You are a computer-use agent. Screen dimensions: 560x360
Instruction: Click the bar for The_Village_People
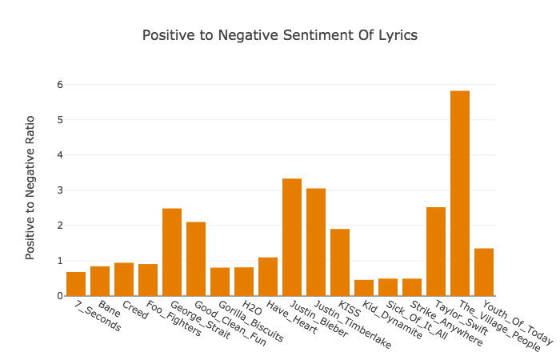coord(460,194)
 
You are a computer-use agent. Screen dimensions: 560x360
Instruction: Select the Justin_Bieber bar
coord(292,237)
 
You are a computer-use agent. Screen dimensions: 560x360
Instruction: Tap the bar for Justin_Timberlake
coord(316,242)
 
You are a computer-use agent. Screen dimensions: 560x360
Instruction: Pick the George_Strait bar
coord(172,252)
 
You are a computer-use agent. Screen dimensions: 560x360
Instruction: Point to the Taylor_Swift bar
coord(436,251)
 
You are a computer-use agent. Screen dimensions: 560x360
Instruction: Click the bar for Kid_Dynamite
coord(364,288)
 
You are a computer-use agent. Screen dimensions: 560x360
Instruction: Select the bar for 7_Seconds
coord(76,284)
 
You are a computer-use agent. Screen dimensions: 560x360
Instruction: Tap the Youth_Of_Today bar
coord(484,272)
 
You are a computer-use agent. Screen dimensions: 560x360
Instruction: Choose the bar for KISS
coord(340,262)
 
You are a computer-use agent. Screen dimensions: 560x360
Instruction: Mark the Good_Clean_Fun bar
coord(196,259)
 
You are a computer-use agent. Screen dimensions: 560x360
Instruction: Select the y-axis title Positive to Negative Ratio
coord(30,188)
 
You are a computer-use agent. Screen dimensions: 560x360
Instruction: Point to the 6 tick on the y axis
coord(60,85)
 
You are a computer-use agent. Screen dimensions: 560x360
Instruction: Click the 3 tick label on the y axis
coord(60,190)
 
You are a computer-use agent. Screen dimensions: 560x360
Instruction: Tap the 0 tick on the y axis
coord(60,296)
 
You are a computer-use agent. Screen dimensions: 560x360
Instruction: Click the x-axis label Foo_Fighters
coord(174,318)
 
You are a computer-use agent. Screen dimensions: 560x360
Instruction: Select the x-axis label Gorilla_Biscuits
coord(250,321)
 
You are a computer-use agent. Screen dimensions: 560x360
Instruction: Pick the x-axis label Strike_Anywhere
coord(446,323)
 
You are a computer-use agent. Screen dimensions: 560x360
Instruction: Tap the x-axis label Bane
coord(110,309)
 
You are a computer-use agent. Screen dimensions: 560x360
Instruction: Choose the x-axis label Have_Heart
coord(292,317)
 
